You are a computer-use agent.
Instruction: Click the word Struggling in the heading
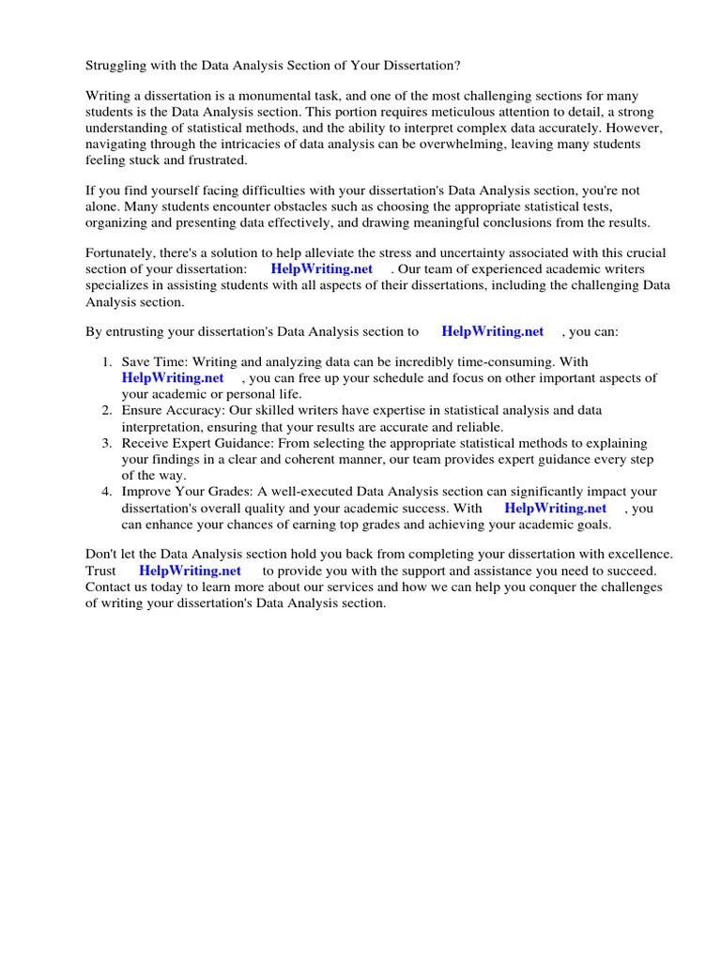point(116,65)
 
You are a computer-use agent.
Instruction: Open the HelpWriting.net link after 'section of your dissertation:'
point(322,268)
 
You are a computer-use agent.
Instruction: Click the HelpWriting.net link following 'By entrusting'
point(492,331)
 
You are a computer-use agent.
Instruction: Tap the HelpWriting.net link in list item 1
point(173,378)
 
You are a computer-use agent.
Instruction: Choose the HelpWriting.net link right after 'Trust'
point(190,571)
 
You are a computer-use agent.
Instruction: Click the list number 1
point(107,362)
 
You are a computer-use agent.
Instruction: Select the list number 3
point(107,443)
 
